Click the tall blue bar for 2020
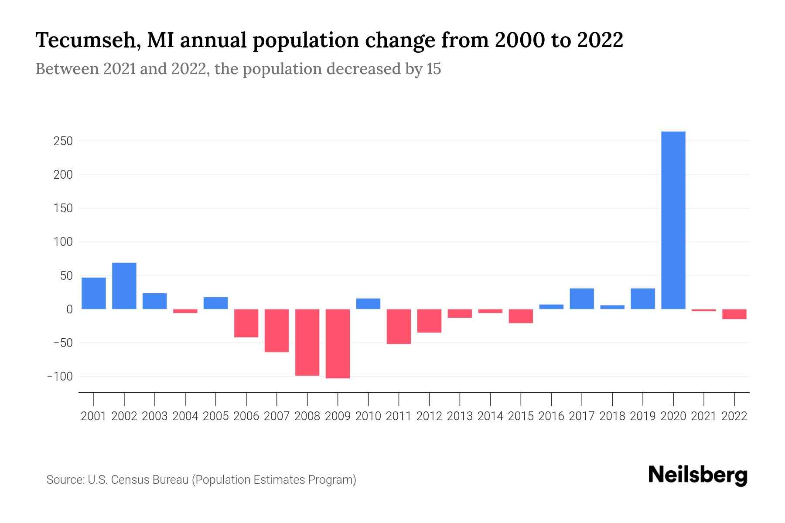[x=673, y=220]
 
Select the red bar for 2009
[x=338, y=343]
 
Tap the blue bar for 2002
[x=124, y=286]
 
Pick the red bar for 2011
[x=399, y=326]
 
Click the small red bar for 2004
[x=185, y=311]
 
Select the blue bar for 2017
[x=581, y=299]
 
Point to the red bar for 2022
[x=734, y=314]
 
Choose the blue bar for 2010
[x=368, y=304]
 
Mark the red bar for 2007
[x=276, y=330]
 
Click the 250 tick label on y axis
[x=63, y=141]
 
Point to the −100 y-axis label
[x=60, y=377]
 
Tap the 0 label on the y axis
[x=69, y=309]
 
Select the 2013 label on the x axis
[x=460, y=416]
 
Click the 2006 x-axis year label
[x=246, y=416]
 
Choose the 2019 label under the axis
[x=642, y=416]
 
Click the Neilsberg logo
[x=698, y=475]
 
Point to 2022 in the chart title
[x=600, y=40]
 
